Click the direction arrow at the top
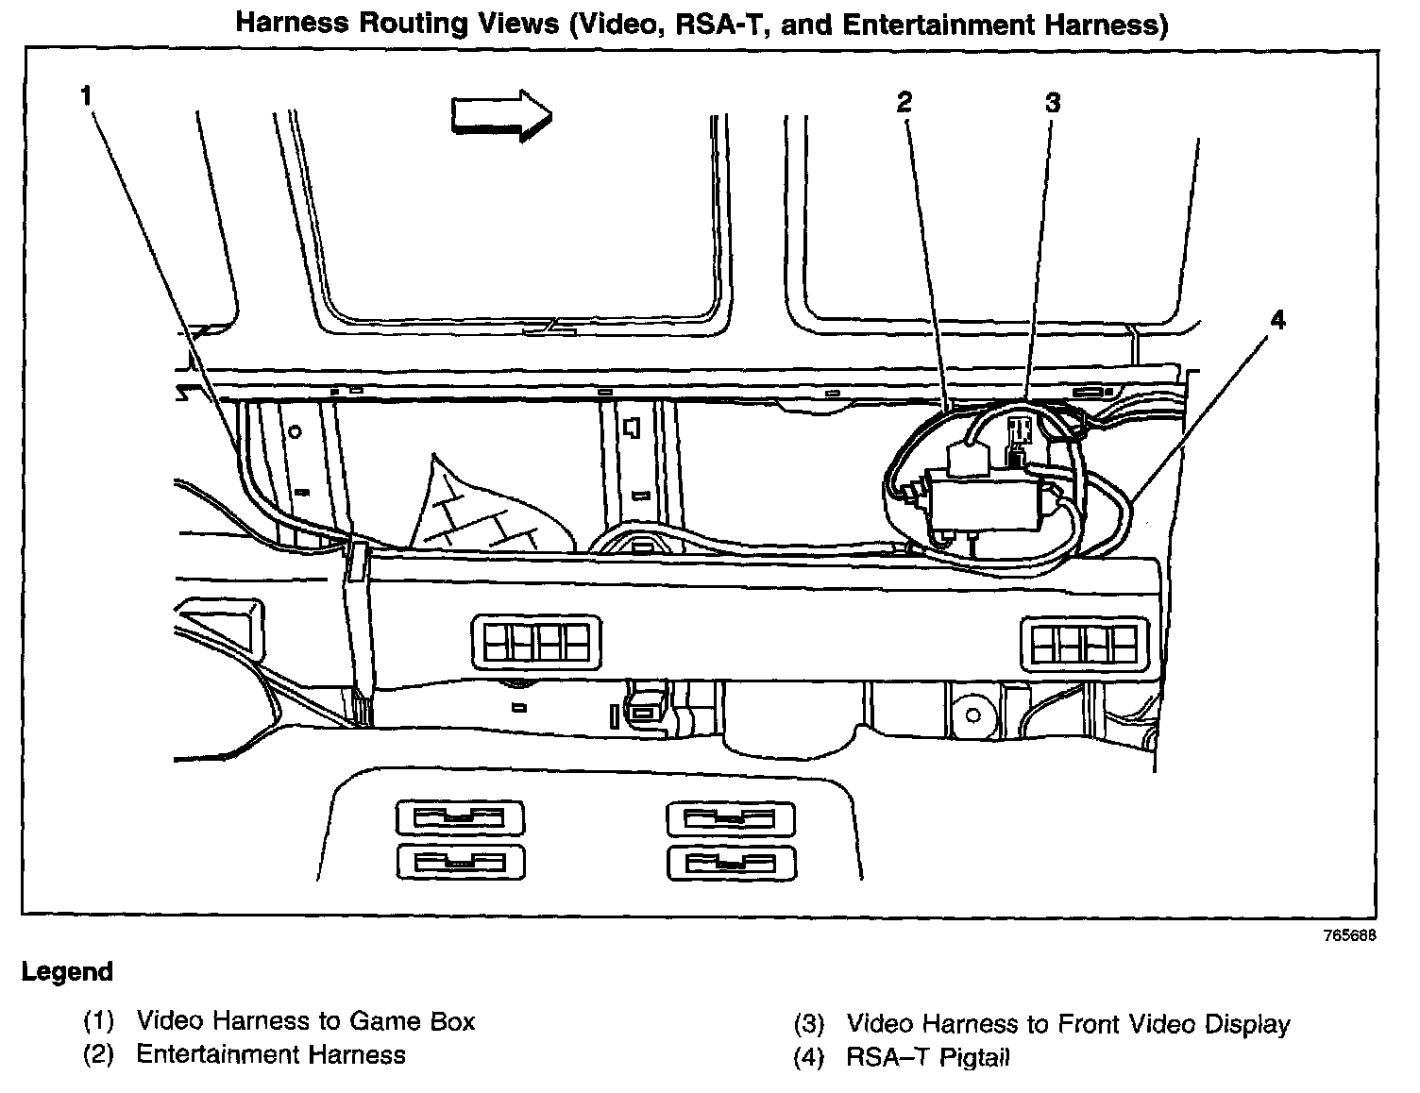501,115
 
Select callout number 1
86,94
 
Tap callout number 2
904,102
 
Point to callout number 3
1053,102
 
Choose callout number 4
1276,320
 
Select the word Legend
67,971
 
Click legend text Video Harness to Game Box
305,1020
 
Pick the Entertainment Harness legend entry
271,1054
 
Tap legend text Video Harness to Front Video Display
1068,1023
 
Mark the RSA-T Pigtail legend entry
927,1057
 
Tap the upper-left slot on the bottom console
460,817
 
